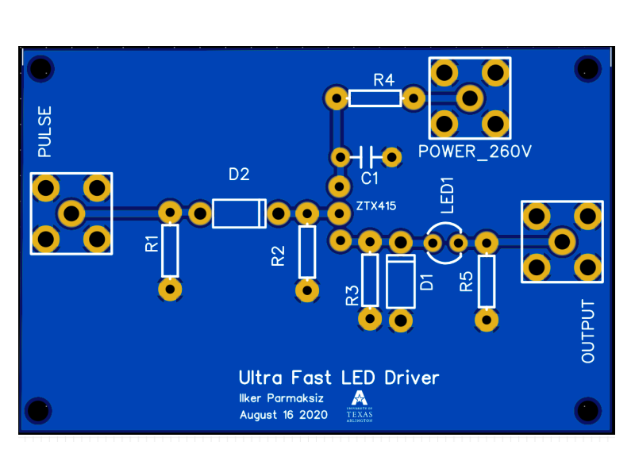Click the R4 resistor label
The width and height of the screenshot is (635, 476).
[384, 79]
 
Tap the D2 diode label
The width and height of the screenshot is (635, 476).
[239, 175]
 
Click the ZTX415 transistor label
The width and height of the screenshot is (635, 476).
[376, 206]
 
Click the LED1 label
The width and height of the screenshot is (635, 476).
[447, 196]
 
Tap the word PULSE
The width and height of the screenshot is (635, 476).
[44, 132]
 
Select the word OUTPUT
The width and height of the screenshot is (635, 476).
[588, 332]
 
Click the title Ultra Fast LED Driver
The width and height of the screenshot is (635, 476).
[339, 378]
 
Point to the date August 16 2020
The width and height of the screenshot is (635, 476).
[283, 415]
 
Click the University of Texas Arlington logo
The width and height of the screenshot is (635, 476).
[360, 407]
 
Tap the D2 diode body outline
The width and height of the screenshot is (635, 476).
[239, 213]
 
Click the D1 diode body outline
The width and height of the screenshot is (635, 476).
[401, 281]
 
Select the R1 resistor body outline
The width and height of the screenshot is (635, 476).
[170, 251]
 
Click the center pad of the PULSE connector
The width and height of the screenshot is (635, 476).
[71, 213]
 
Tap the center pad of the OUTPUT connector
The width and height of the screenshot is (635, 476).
[562, 240]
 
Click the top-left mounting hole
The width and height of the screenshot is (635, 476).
[37, 68]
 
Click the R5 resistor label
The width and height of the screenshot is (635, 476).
[467, 281]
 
